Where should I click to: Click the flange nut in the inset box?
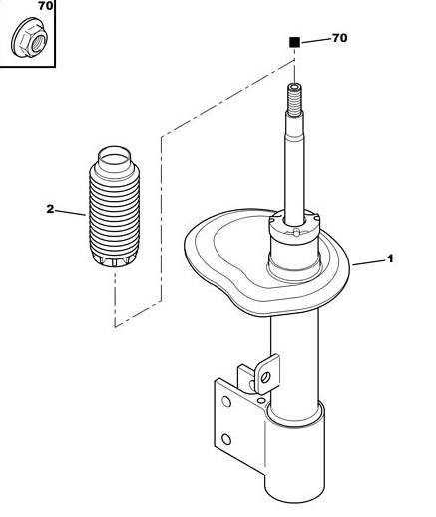click(29, 37)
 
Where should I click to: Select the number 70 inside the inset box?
click(45, 6)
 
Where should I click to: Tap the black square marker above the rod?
click(294, 42)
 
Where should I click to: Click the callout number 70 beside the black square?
click(339, 38)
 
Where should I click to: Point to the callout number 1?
click(390, 258)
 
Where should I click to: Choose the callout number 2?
click(50, 209)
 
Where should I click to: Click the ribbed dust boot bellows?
click(114, 207)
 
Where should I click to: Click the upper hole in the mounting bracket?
click(226, 401)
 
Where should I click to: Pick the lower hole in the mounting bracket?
click(226, 440)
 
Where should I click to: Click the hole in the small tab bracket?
click(265, 377)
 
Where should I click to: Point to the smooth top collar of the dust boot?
click(114, 163)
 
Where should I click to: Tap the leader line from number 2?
click(70, 212)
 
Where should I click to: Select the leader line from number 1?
click(369, 262)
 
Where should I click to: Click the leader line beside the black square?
click(316, 41)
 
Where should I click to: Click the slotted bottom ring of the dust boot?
click(114, 260)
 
